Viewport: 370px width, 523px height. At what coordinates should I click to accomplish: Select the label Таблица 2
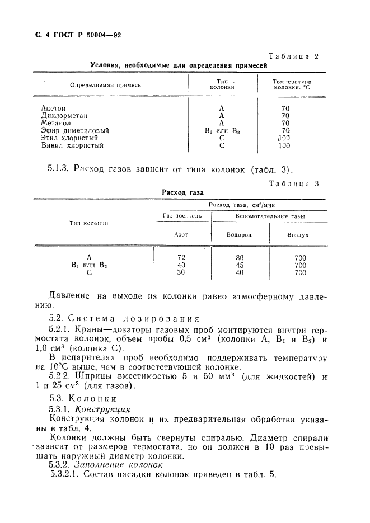point(294,56)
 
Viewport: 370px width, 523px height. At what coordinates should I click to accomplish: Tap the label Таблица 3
point(293,183)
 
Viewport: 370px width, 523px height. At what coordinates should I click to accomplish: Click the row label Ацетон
point(54,108)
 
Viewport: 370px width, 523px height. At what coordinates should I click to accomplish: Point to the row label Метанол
point(56,123)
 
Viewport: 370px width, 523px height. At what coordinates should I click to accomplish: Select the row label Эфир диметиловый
point(75,131)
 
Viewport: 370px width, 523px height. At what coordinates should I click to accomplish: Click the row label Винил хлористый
point(72,146)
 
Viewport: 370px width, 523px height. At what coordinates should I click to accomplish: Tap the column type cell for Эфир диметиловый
point(222,131)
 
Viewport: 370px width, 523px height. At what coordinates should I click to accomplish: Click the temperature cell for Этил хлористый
point(284,138)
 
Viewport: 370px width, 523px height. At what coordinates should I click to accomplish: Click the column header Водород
point(239,235)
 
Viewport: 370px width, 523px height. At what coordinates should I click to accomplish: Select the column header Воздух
point(298,235)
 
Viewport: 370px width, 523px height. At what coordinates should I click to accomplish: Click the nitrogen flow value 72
point(181,257)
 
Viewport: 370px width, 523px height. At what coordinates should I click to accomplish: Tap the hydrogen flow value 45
point(240,265)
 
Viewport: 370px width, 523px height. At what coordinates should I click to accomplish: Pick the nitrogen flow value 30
point(181,272)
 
